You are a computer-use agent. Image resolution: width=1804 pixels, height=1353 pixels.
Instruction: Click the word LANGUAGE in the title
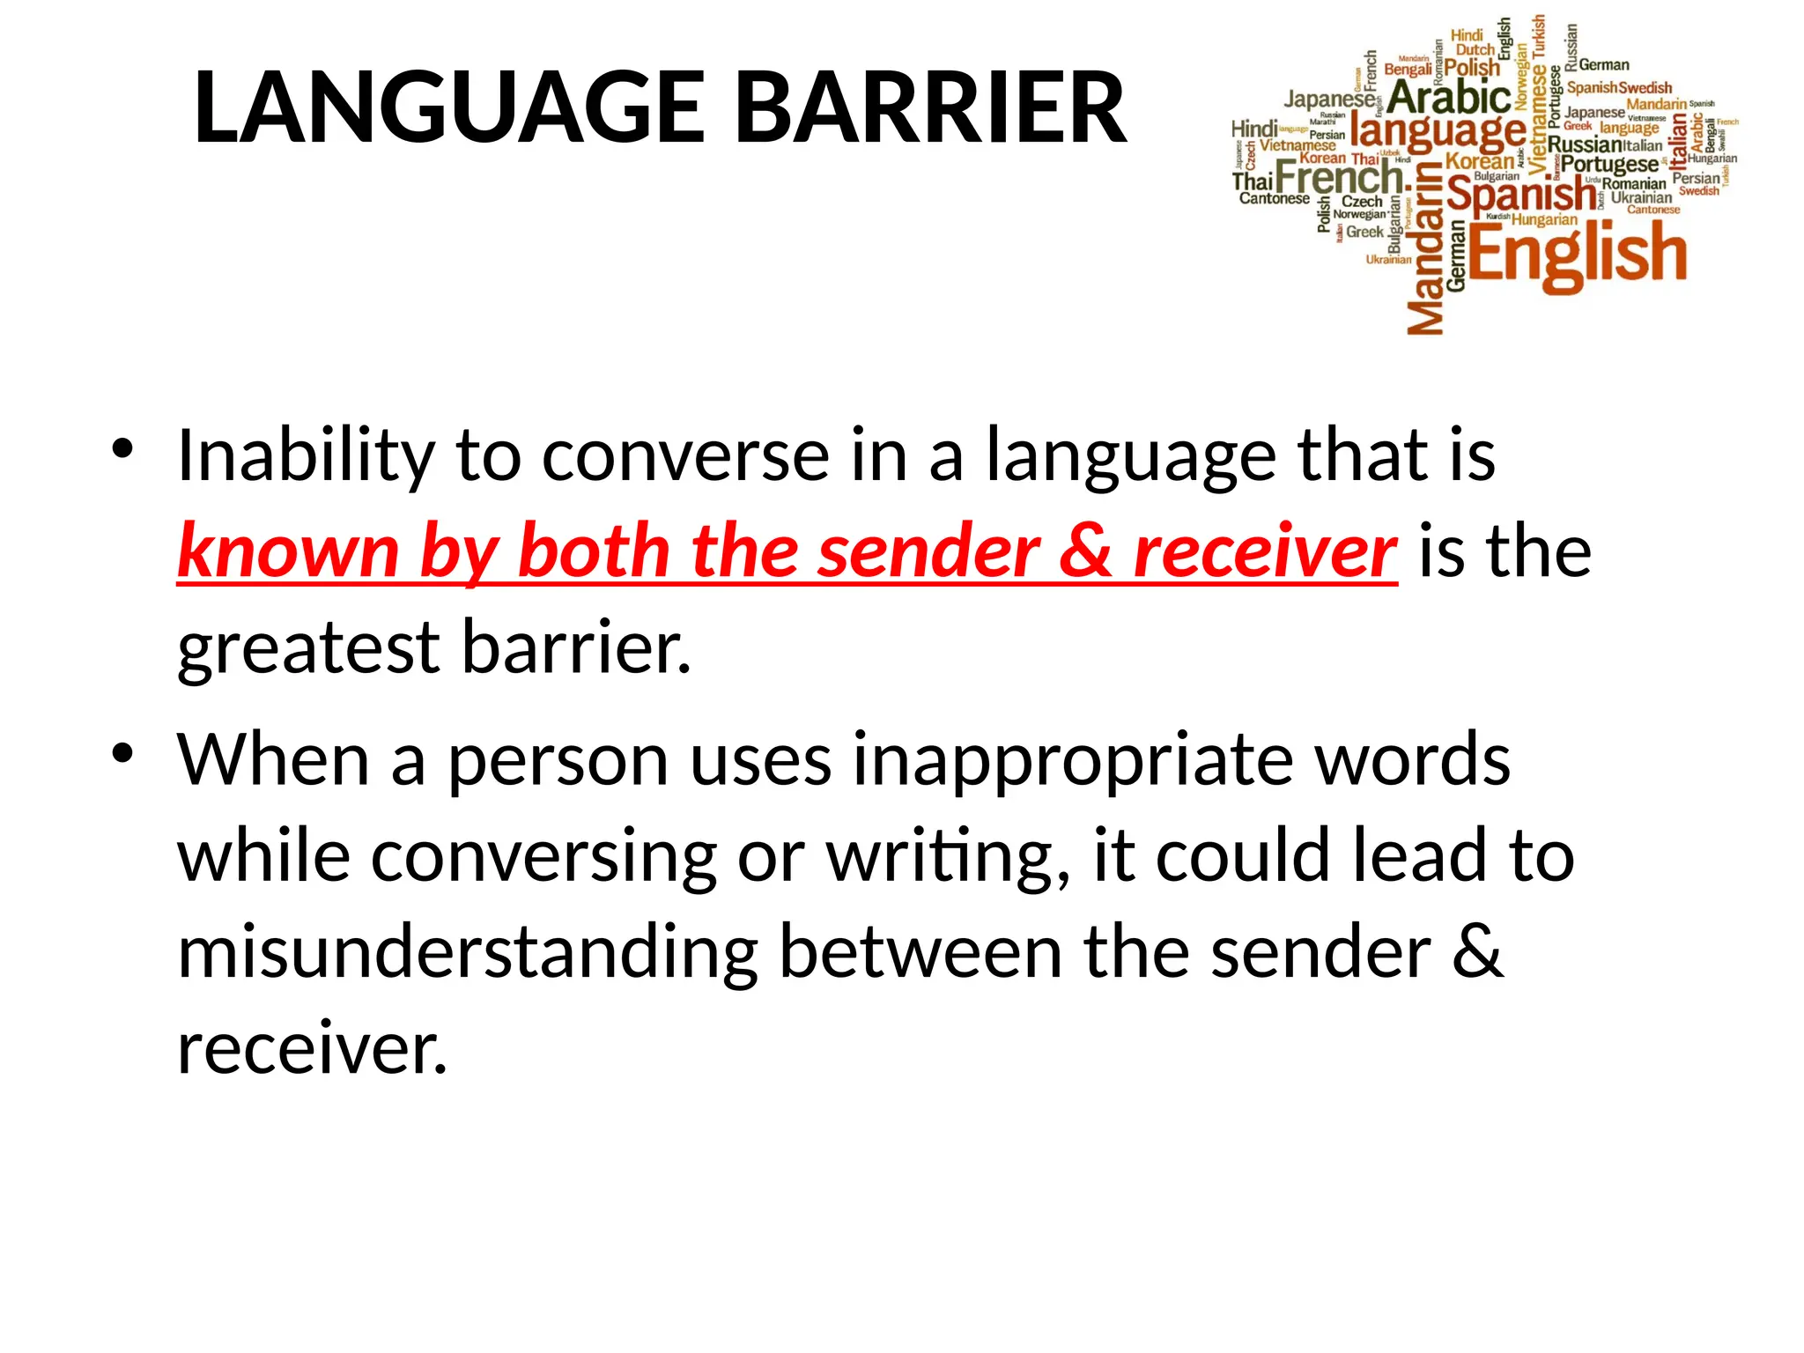(x=449, y=107)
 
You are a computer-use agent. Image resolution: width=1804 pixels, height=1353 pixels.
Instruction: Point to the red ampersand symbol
(x=1086, y=551)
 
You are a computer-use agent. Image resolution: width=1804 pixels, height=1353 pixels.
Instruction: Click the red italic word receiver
(x=1265, y=553)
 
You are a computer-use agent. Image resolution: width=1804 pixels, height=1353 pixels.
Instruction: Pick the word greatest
(x=307, y=650)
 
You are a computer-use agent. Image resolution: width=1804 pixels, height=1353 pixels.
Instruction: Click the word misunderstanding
(x=467, y=953)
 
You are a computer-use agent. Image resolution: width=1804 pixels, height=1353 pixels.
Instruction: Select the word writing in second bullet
(x=948, y=858)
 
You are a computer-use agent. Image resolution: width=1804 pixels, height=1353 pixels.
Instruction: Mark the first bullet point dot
(x=122, y=448)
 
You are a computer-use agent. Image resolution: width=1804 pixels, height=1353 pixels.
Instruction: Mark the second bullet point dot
(x=122, y=753)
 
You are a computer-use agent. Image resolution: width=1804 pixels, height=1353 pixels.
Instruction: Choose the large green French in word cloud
(x=1339, y=178)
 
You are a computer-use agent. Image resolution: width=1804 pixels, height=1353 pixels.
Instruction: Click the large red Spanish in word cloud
(x=1520, y=194)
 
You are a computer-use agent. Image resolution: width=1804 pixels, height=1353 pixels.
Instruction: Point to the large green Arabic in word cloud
(x=1449, y=97)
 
